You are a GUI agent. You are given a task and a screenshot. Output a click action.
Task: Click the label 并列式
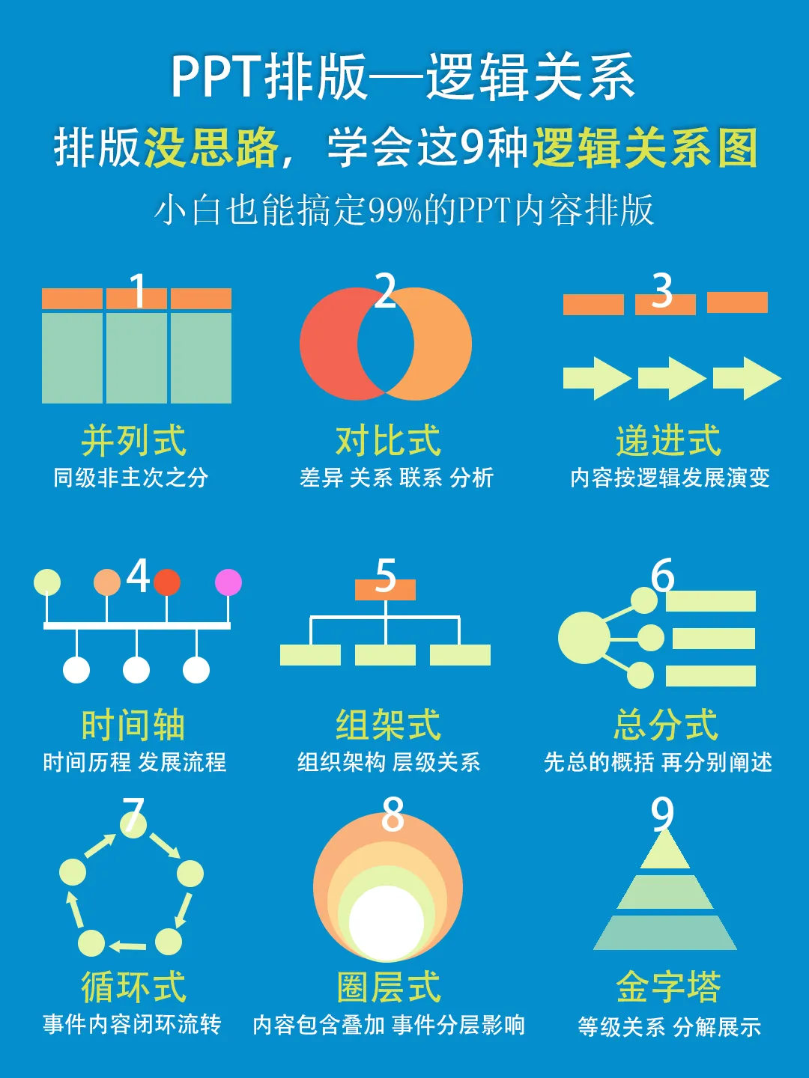(133, 440)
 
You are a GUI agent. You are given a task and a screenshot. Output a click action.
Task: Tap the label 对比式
(388, 440)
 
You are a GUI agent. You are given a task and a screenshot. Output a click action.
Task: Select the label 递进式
(668, 440)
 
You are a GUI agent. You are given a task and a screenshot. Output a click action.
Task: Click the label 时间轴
(133, 725)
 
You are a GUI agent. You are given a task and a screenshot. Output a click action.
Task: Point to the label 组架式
(388, 725)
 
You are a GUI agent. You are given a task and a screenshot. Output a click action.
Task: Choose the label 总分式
(666, 725)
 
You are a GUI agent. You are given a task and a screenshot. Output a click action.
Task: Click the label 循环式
(133, 987)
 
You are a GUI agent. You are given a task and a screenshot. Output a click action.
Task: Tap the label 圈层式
(388, 987)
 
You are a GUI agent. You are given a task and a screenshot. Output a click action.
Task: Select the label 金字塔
(668, 987)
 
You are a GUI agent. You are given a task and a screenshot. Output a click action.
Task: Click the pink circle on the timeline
(228, 582)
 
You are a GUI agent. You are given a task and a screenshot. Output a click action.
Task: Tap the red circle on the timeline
(167, 582)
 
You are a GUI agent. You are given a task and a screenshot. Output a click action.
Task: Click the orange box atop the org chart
(385, 590)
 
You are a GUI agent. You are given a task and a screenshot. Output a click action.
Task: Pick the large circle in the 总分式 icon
(584, 638)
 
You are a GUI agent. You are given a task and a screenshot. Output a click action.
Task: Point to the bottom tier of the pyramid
(665, 933)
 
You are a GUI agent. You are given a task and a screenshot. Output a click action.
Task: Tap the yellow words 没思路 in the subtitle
(211, 147)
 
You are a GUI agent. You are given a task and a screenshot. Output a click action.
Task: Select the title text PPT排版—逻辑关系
(403, 77)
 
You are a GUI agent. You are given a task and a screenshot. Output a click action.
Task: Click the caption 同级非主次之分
(131, 478)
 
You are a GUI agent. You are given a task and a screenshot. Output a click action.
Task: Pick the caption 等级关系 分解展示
(669, 1026)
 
